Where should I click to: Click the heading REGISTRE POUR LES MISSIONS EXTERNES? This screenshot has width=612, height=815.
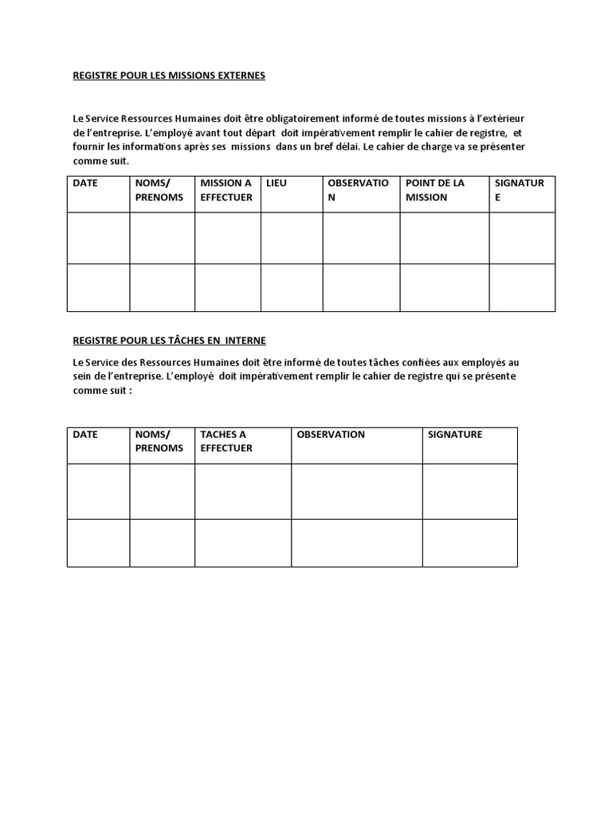(x=169, y=76)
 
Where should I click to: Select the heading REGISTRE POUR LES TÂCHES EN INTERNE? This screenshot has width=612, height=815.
(x=169, y=340)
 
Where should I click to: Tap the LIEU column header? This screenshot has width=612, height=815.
(x=277, y=183)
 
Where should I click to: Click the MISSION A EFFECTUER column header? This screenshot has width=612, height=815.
(x=226, y=190)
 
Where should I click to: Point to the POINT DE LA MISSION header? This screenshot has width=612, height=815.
(x=435, y=190)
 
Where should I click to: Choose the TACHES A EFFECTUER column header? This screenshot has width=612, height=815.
(x=226, y=441)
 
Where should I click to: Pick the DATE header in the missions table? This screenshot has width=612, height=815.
(x=85, y=183)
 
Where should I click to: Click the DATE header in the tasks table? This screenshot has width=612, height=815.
(x=85, y=435)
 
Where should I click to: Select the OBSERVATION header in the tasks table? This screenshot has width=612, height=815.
(x=331, y=435)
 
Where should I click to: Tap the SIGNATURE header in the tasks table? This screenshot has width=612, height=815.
(x=455, y=435)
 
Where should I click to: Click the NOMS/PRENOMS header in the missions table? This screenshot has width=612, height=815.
(x=159, y=190)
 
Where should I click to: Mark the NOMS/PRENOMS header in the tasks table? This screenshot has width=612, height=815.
(x=159, y=441)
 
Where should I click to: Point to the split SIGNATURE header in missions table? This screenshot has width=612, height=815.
(x=519, y=190)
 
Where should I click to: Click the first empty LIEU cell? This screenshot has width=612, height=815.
(x=292, y=238)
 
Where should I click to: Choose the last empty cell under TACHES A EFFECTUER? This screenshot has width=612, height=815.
(x=243, y=543)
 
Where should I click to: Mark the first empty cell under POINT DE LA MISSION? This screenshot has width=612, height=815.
(x=444, y=238)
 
